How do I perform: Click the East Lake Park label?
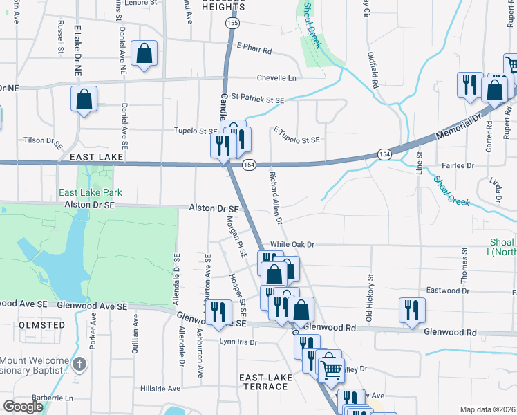90,192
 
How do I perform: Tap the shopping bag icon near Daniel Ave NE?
144,54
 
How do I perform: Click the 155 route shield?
233,23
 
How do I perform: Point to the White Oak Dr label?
292,244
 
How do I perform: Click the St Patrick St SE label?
258,100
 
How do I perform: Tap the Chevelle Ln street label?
276,78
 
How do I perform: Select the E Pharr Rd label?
254,50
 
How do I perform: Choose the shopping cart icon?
332,369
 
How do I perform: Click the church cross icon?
80,364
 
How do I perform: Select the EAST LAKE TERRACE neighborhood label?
263,381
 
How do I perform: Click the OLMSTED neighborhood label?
41,324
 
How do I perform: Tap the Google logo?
23,407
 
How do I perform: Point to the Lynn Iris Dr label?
238,342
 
